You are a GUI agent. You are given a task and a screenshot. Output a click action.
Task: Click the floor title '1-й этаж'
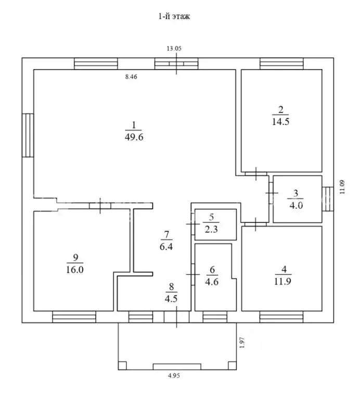coord(174,16)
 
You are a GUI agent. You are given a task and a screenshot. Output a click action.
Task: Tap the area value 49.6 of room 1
coord(134,137)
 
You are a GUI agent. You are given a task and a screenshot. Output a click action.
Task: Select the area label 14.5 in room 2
coord(280,121)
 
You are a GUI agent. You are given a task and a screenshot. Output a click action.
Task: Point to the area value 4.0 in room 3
coord(296,205)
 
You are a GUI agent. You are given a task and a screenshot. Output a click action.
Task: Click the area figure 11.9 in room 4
coord(283,281)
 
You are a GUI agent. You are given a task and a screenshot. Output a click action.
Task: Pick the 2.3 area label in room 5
coord(211,229)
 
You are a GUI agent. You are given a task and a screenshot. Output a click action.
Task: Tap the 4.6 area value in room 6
coord(212,282)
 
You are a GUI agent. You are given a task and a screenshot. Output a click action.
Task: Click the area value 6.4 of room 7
coord(166,246)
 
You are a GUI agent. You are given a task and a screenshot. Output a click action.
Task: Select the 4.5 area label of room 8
coord(171,298)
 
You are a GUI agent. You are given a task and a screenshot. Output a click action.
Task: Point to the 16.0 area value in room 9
coord(75,269)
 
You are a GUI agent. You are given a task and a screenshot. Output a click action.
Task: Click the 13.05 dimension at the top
coord(174,48)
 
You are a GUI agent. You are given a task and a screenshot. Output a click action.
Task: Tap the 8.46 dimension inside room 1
coord(131,77)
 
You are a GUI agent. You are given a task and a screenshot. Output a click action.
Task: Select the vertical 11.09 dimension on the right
coord(342,187)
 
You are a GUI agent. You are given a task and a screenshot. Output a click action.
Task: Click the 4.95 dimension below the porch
coord(174,376)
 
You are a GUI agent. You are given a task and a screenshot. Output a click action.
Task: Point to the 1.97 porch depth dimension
coord(242,343)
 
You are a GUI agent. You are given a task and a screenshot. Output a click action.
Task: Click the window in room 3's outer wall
coord(328,199)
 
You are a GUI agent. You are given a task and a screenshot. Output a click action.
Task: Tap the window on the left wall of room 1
coord(28,135)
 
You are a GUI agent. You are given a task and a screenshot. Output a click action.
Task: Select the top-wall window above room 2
coord(281,64)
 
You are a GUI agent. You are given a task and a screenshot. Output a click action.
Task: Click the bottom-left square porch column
coord(122,366)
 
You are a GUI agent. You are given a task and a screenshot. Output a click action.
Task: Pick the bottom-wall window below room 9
coord(74,317)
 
